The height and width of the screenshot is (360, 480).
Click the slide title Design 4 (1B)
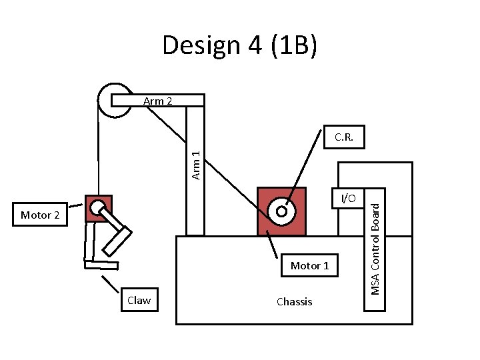[x=239, y=45]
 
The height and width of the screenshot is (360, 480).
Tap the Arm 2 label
[x=157, y=101]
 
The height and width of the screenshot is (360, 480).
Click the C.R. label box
[x=344, y=138]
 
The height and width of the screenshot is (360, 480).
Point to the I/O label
[x=349, y=198]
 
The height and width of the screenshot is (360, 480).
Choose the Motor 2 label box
[x=40, y=215]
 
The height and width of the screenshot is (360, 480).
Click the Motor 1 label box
[x=309, y=266]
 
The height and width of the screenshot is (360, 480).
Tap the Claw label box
[x=139, y=301]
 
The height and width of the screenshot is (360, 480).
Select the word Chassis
[x=294, y=302]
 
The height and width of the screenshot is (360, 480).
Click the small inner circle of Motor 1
[x=281, y=211]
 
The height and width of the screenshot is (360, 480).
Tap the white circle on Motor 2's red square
[x=98, y=207]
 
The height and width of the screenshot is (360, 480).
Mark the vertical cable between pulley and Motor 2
[x=97, y=153]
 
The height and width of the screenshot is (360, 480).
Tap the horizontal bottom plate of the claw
[x=101, y=265]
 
